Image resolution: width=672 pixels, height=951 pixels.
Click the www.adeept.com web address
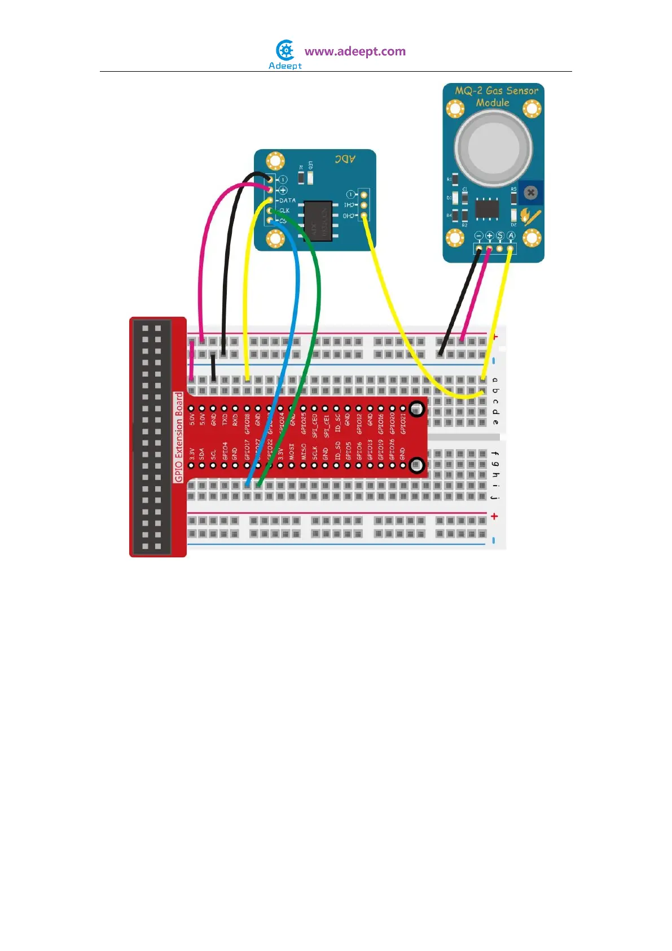pyautogui.click(x=355, y=51)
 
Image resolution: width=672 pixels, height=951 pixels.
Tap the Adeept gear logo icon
pyautogui.click(x=286, y=50)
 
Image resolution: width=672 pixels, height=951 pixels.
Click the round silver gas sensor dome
pyautogui.click(x=493, y=148)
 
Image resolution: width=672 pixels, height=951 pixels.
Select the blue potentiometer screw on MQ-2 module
pyautogui.click(x=530, y=193)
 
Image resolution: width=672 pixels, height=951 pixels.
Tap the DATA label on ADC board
pyautogui.click(x=287, y=200)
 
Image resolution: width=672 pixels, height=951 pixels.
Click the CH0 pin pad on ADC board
pyautogui.click(x=364, y=216)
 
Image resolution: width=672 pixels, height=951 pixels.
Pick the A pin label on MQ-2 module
pyautogui.click(x=511, y=235)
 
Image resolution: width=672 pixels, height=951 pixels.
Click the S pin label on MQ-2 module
pyautogui.click(x=500, y=235)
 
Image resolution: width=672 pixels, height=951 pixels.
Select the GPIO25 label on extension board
pyautogui.click(x=304, y=424)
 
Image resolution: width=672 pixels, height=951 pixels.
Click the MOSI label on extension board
pyautogui.click(x=292, y=451)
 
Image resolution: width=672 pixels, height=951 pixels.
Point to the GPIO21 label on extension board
pyautogui.click(x=403, y=424)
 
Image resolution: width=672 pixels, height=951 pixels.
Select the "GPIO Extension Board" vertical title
pyautogui.click(x=179, y=437)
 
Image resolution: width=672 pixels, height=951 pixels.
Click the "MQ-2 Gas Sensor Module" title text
pyautogui.click(x=496, y=97)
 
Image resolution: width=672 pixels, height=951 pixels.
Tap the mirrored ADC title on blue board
pyautogui.click(x=345, y=159)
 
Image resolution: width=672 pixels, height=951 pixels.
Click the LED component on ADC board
pyautogui.click(x=310, y=177)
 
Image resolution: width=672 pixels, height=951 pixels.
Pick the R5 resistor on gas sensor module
pyautogui.click(x=514, y=198)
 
